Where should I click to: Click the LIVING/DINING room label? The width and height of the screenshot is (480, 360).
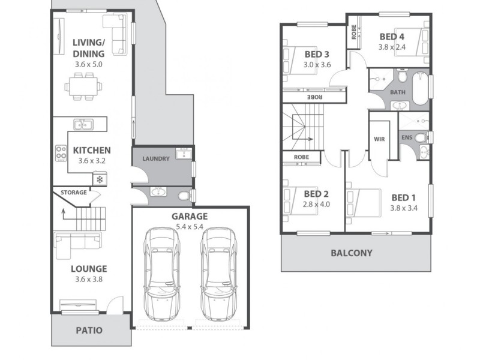click(x=89, y=47)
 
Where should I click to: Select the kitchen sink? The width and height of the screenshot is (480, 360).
click(x=83, y=125)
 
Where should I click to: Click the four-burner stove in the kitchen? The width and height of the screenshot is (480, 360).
click(x=61, y=153)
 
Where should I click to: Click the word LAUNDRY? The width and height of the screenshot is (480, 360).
click(x=156, y=158)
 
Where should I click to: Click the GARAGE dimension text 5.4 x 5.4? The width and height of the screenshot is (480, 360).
click(x=190, y=227)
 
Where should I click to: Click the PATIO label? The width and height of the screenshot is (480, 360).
click(x=89, y=330)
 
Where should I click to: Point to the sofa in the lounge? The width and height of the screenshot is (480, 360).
click(x=77, y=241)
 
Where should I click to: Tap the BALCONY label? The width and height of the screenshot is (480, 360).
click(x=352, y=253)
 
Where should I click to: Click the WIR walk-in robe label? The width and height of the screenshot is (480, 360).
click(x=379, y=139)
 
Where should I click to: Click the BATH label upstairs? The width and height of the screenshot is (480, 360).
click(x=397, y=92)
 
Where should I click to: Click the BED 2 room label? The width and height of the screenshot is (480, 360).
click(x=316, y=194)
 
